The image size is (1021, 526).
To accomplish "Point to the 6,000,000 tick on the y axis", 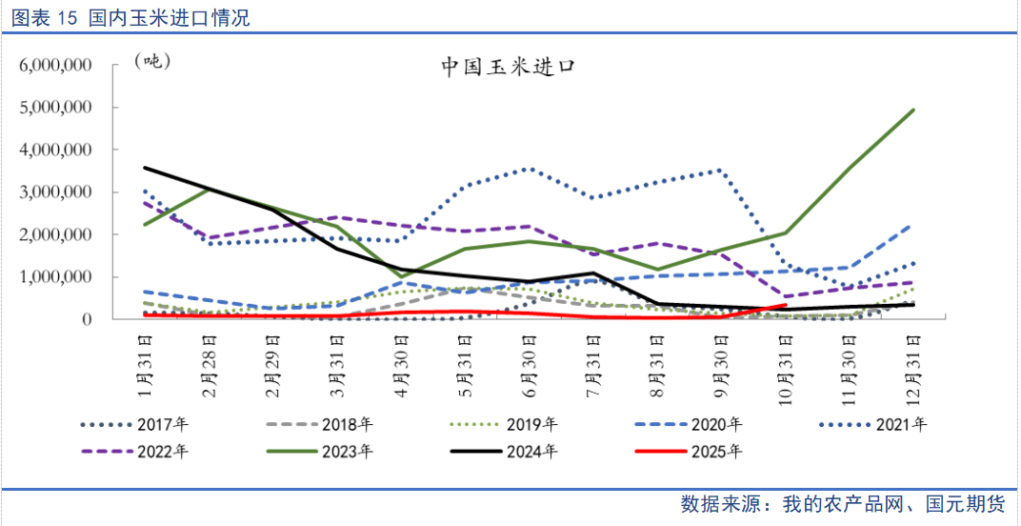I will (x=55, y=65).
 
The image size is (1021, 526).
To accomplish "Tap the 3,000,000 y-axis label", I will (x=55, y=192).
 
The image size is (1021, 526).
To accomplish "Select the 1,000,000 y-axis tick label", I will (x=55, y=276).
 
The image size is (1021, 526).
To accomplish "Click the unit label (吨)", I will (x=151, y=61).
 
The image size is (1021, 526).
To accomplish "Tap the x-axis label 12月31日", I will (x=911, y=367).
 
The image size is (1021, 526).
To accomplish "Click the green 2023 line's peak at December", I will (x=912, y=111).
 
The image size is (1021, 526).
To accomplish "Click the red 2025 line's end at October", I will (x=785, y=305).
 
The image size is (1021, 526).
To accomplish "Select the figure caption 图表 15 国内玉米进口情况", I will (x=130, y=17).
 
